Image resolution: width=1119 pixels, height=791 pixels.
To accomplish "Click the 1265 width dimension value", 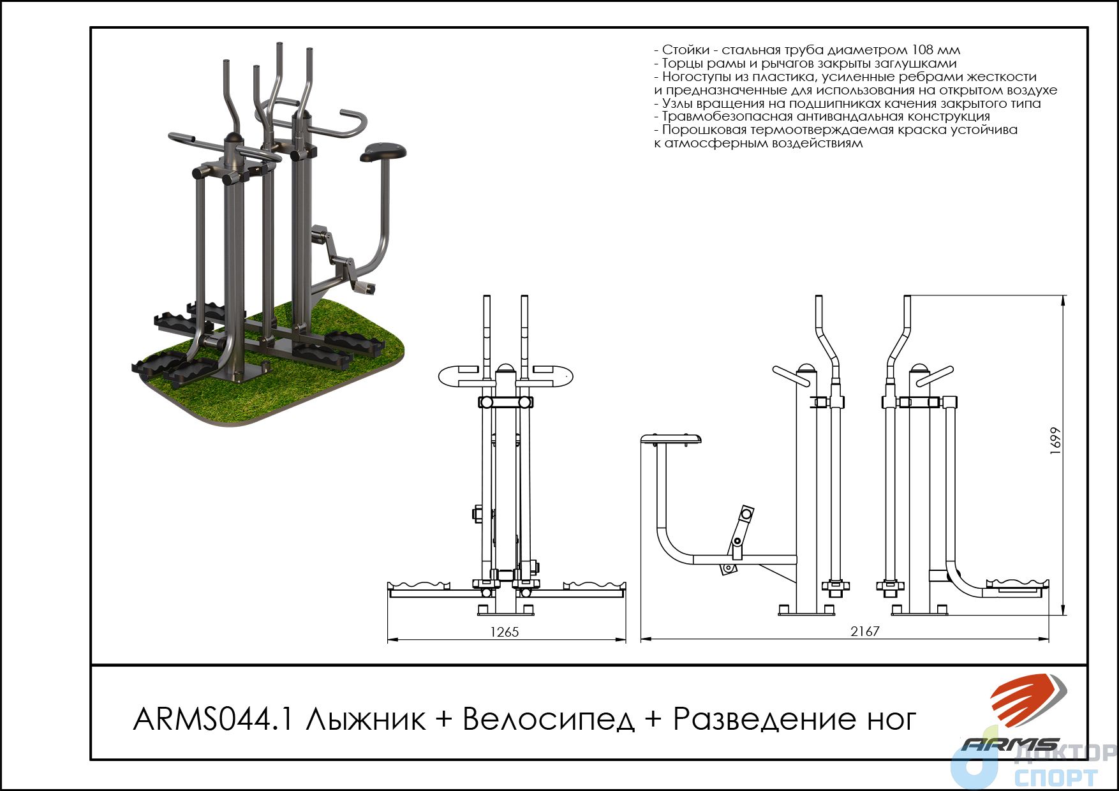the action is coord(504,632).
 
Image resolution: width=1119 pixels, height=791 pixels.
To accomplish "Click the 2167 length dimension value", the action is coord(864,631).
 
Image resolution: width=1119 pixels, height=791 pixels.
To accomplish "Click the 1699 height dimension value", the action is coord(1055,440).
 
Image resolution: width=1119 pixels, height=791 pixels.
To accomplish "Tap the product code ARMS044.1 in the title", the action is coord(214,720).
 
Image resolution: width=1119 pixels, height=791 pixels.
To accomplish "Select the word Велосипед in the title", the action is coord(549,720).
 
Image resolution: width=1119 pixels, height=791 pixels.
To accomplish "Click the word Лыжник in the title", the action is coord(365,720).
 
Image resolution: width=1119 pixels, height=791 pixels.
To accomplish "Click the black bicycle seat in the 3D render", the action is coord(383,152).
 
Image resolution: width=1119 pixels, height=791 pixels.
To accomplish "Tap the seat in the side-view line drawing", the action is coord(671,440).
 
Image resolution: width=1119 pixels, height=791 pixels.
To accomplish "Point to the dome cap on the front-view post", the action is coord(505,369).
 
